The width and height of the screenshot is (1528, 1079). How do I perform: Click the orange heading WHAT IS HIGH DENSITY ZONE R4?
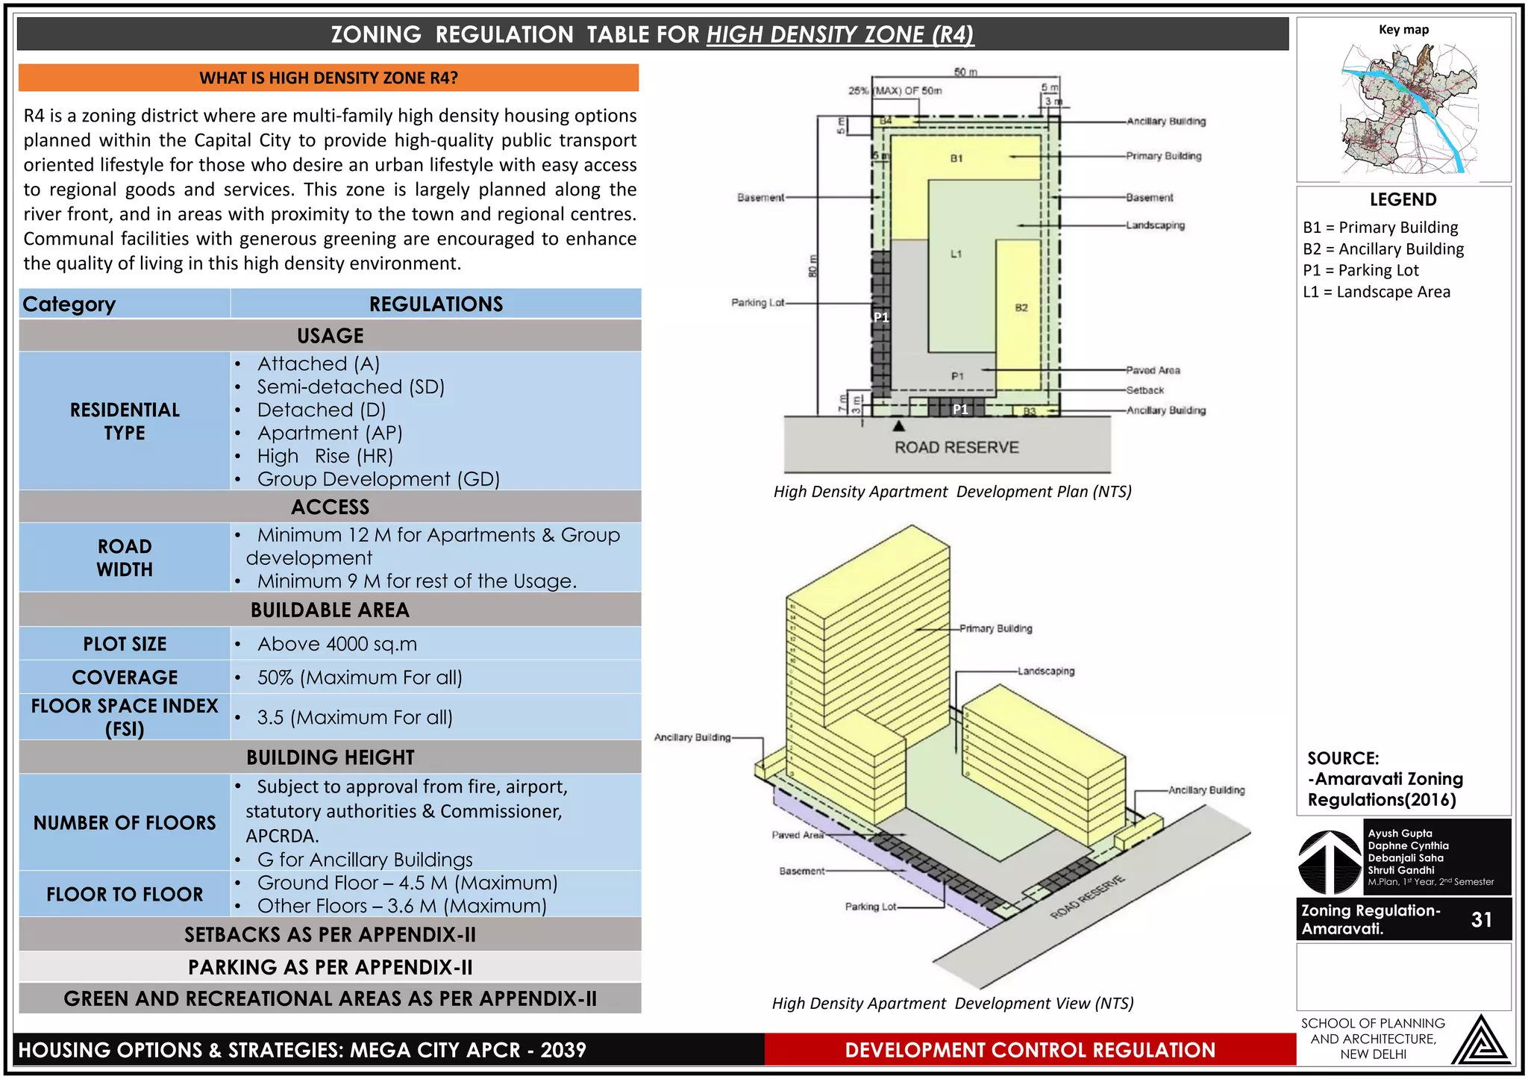tap(328, 78)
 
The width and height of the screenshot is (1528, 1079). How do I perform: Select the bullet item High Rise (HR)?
tap(325, 456)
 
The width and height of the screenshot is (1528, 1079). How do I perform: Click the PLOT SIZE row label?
tap(125, 644)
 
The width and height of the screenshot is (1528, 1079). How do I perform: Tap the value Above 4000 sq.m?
tap(336, 644)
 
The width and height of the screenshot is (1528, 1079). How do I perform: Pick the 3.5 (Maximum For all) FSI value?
tap(354, 718)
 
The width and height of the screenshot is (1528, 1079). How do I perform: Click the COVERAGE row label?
tap(125, 678)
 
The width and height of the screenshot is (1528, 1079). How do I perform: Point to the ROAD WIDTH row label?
tap(125, 558)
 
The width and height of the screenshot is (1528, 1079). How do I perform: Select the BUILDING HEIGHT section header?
tap(330, 757)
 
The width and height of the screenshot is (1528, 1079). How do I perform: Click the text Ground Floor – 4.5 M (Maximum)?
tap(407, 883)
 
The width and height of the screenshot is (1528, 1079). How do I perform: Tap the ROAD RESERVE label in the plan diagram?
tap(956, 448)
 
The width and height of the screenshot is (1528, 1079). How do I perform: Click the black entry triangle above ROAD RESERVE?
tap(899, 426)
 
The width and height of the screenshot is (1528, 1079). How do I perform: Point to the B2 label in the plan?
tap(1021, 307)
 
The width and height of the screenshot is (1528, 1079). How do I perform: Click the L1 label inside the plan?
tap(956, 254)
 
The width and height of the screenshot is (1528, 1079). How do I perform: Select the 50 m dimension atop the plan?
tap(965, 72)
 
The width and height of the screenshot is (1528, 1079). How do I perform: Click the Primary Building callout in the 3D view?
tap(995, 629)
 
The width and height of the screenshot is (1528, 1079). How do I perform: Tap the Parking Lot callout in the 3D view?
tap(870, 907)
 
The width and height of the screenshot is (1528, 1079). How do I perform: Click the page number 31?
tap(1481, 919)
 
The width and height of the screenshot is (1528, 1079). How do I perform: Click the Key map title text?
tap(1403, 30)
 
